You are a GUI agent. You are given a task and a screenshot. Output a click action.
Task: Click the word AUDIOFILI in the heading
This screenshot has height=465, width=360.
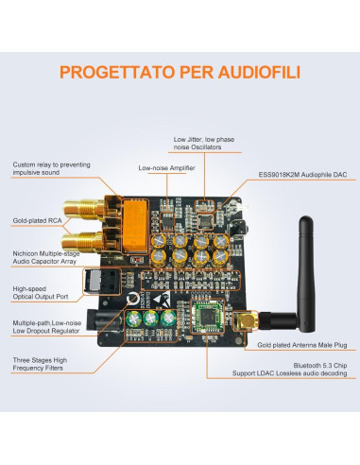coord(259,72)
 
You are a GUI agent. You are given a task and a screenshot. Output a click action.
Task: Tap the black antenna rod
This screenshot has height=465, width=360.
coord(306,273)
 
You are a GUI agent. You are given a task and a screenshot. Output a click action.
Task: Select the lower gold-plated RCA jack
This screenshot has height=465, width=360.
coord(83,242)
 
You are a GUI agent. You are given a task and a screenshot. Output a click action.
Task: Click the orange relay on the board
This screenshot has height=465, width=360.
coord(136,226)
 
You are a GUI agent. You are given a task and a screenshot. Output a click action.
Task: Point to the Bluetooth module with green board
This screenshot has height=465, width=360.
coord(208,317)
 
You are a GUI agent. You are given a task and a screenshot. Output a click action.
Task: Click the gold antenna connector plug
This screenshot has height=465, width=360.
coord(246,320)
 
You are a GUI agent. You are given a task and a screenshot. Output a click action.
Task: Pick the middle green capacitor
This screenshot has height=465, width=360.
coord(150,319)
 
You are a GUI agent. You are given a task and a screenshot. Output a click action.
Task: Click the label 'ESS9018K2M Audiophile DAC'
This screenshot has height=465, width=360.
coord(302,175)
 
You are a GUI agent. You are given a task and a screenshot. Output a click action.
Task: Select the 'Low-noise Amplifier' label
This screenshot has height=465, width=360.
coord(166,168)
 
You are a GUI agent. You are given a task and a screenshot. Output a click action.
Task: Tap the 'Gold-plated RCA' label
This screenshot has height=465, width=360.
coord(37,220)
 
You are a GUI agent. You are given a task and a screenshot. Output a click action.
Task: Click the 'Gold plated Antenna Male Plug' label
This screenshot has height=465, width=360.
coord(302,345)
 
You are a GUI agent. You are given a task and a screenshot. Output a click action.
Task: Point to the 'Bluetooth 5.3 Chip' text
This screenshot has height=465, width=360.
coord(320,366)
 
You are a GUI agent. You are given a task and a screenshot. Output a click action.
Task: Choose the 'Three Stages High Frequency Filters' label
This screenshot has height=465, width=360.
coord(40,364)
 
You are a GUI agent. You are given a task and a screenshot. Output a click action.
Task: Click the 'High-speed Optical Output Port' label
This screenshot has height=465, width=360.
coord(41,293)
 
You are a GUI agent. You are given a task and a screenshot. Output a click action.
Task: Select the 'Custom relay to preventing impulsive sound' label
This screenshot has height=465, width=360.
coord(51,168)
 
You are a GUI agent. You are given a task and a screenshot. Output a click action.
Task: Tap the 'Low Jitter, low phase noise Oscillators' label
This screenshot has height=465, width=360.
coord(204,144)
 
